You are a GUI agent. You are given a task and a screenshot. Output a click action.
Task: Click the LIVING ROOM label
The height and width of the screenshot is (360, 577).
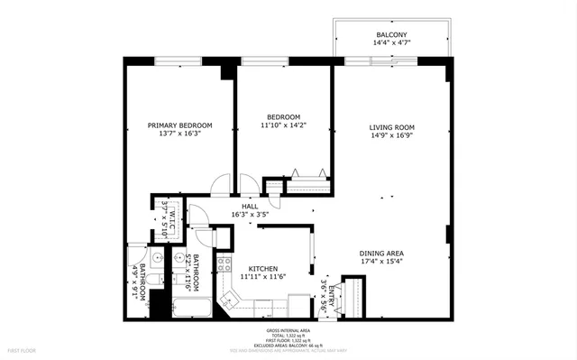pyautogui.click(x=391, y=127)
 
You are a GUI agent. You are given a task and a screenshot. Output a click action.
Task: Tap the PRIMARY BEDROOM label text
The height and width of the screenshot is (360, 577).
pyautogui.click(x=179, y=125)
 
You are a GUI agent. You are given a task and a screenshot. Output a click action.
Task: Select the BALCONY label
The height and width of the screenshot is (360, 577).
pyautogui.click(x=390, y=35)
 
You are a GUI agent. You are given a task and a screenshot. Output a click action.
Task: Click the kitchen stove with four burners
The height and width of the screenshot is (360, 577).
pyautogui.click(x=224, y=265)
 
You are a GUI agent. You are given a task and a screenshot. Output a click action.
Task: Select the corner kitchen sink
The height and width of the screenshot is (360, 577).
pyautogui.click(x=230, y=298)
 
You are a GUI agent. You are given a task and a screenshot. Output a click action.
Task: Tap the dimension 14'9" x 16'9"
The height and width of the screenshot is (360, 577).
pyautogui.click(x=391, y=138)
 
